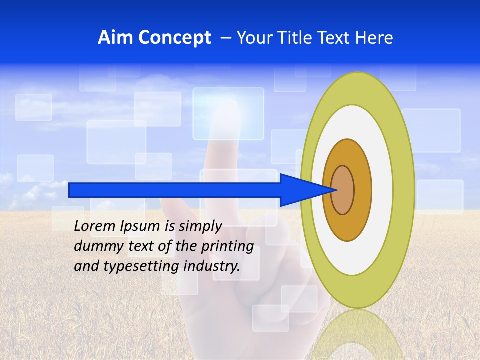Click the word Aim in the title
pos(116,38)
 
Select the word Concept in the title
pos(174,38)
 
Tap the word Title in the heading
pos(298,38)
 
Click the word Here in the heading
pos(374,38)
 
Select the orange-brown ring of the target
pos(363,190)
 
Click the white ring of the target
pos(382,190)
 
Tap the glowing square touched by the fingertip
pos(228,114)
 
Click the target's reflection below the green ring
pos(358,335)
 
